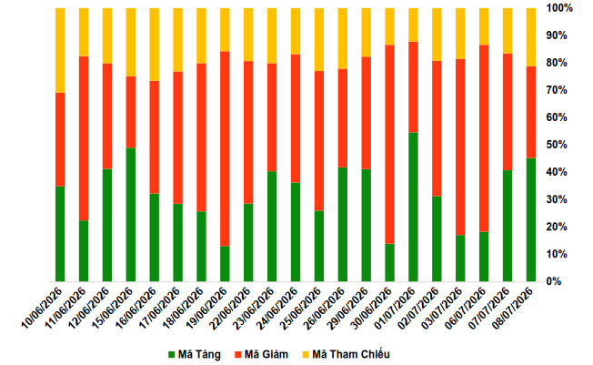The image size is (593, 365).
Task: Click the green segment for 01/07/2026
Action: pyautogui.click(x=413, y=207)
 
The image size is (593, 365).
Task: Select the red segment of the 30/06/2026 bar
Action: pyautogui.click(x=389, y=144)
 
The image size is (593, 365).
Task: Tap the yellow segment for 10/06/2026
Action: pyautogui.click(x=60, y=50)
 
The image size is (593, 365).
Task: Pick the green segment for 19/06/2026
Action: pyautogui.click(x=225, y=264)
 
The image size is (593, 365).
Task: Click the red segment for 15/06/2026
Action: pyautogui.click(x=131, y=112)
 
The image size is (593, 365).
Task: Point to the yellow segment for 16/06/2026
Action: pyautogui.click(x=155, y=45)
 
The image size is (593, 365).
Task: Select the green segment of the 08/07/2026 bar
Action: pyautogui.click(x=531, y=219)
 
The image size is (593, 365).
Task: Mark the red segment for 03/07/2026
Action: pyautogui.click(x=460, y=147)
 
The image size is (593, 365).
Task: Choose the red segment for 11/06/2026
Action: pyautogui.click(x=84, y=138)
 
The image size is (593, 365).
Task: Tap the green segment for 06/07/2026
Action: pyautogui.click(x=484, y=257)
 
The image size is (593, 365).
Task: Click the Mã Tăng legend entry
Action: pyautogui.click(x=195, y=354)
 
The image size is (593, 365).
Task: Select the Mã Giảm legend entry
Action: pyautogui.click(x=261, y=354)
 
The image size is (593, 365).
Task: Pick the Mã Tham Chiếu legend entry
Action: pyautogui.click(x=346, y=354)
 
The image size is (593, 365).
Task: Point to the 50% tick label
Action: pyautogui.click(x=557, y=145)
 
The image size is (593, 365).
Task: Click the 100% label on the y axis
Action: pyautogui.click(x=559, y=7)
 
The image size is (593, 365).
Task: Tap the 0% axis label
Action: pyautogui.click(x=554, y=281)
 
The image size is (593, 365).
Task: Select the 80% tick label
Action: pyautogui.click(x=557, y=63)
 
